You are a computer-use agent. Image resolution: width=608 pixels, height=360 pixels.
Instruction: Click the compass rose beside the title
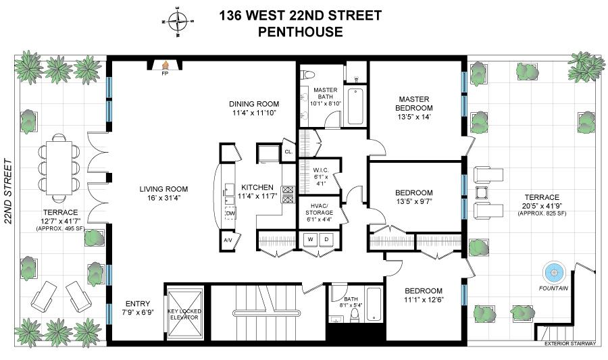tap(178, 21)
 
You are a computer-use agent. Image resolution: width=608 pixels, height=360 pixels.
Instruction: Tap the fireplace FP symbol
tap(164, 66)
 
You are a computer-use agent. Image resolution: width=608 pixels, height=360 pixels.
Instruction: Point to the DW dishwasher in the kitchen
tap(230, 213)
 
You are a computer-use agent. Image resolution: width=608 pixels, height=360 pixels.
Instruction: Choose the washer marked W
tap(311, 239)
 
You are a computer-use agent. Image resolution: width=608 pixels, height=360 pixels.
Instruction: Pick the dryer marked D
tap(326, 239)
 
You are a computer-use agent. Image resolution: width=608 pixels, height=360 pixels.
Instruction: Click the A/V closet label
tap(227, 240)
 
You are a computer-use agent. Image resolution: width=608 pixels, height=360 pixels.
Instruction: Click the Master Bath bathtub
tap(355, 106)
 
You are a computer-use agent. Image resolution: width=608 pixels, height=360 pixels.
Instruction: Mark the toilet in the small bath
tap(354, 316)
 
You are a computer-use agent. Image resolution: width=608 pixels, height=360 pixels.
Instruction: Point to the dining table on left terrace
tap(57, 166)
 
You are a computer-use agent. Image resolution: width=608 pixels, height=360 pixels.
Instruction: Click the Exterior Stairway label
tap(570, 344)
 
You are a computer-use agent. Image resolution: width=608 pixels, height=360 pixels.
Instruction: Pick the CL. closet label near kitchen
tap(288, 152)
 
